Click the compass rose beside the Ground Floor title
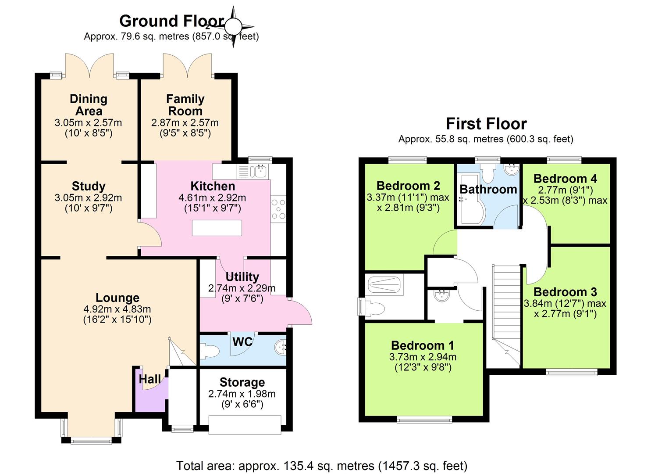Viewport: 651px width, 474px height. coord(233,27)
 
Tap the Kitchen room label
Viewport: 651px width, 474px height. coord(213,186)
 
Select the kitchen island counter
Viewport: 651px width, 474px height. coord(217,227)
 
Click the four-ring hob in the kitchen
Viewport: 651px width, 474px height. coord(278,209)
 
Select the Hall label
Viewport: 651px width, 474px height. coord(149,379)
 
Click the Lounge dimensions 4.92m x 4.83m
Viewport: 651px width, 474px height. coord(117,309)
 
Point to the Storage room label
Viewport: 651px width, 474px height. coord(242,382)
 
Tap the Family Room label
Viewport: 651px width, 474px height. coord(185,105)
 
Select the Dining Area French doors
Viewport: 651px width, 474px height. coord(89,65)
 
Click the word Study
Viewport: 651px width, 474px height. coord(89,186)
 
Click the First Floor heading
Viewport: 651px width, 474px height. coord(486,124)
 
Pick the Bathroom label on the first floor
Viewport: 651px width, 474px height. coord(488,190)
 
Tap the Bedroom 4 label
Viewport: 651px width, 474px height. coord(565,179)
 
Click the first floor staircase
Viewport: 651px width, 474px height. coord(506,316)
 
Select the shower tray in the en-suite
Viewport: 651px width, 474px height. coord(385,285)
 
